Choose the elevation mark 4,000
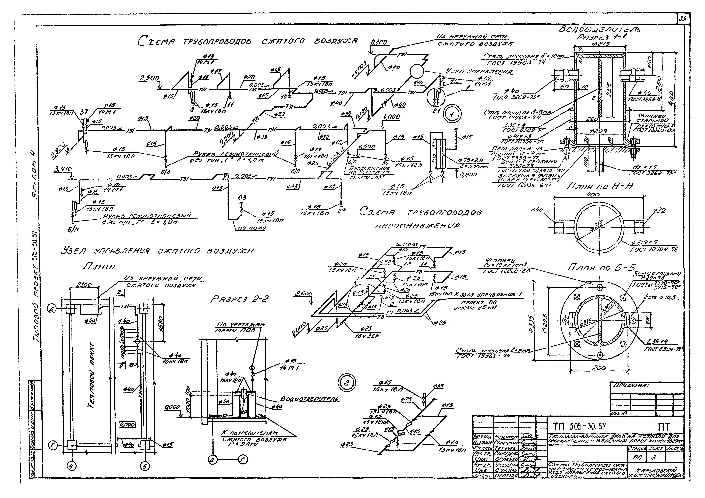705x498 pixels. (392, 117)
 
